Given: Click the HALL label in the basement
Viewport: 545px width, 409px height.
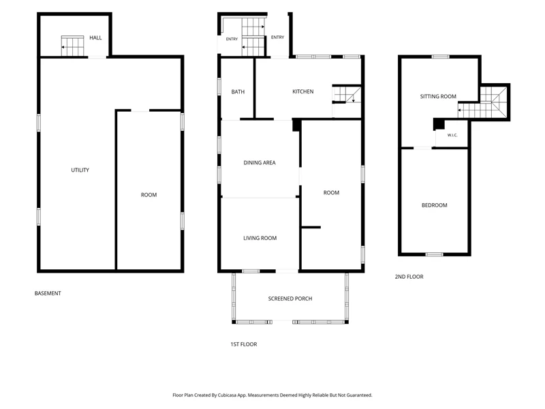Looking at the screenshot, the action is [95, 37].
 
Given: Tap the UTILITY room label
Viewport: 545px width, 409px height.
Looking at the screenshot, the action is [80, 170].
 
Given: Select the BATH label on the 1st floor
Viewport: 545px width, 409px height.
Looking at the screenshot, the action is [238, 92].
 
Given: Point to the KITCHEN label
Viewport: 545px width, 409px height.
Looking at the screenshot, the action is [302, 91].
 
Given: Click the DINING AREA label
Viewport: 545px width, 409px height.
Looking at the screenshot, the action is [260, 162].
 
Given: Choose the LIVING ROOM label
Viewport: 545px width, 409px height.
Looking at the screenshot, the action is [260, 238].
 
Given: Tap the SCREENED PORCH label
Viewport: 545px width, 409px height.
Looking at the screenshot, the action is [290, 299].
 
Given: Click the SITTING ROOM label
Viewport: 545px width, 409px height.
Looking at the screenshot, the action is [438, 96].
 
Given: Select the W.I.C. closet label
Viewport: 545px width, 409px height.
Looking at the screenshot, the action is [452, 135].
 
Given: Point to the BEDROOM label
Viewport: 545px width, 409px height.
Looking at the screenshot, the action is [434, 205].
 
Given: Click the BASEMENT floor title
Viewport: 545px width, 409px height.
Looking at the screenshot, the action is [48, 293].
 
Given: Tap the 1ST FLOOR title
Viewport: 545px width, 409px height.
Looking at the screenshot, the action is [244, 344].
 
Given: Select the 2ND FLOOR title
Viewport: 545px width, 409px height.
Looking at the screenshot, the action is [409, 277].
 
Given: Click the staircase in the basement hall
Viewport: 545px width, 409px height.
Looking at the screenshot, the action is [73, 46].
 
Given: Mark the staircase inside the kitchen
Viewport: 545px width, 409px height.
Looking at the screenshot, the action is [347, 95].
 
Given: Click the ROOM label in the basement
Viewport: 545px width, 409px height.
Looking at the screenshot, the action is [149, 195].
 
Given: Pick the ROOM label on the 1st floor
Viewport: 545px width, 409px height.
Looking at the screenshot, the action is [331, 193].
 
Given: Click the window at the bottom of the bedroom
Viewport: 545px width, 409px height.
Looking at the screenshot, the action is [435, 254].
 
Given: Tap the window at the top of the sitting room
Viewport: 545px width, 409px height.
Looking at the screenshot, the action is [440, 57].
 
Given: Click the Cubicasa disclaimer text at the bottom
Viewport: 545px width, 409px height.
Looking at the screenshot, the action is [272, 395].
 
